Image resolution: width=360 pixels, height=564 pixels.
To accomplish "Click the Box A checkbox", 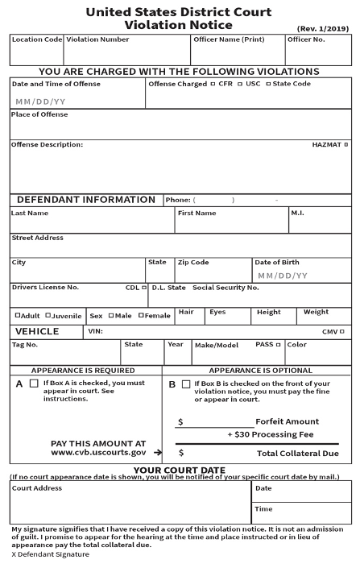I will pyautogui.click(x=34, y=384).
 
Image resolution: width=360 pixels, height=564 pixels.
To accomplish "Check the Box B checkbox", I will pyautogui.click(x=187, y=384).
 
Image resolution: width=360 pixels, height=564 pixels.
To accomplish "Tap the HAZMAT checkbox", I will pyautogui.click(x=349, y=145).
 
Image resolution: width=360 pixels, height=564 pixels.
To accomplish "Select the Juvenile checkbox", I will pyautogui.click(x=48, y=315).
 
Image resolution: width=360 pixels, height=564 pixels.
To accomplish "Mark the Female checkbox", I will pyautogui.click(x=141, y=315).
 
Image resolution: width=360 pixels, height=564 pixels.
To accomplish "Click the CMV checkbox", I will pyautogui.click(x=342, y=331).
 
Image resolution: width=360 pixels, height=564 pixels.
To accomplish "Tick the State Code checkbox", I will pyautogui.click(x=269, y=84).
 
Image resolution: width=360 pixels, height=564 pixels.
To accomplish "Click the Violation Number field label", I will pyautogui.click(x=97, y=39).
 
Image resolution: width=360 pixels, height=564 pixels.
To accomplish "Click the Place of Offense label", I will pyautogui.click(x=39, y=114).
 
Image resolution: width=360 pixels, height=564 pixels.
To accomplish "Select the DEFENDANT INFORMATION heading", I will pyautogui.click(x=86, y=200).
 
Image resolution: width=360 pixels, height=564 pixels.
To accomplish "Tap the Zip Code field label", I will pyautogui.click(x=193, y=262).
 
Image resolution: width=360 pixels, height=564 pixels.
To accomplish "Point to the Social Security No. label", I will pyautogui.click(x=226, y=287).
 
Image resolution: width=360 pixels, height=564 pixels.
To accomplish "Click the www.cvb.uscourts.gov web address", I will pyautogui.click(x=98, y=453).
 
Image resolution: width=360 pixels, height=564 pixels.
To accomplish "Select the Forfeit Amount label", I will pyautogui.click(x=287, y=421).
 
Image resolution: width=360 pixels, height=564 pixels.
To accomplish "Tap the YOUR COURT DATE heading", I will pyautogui.click(x=179, y=470).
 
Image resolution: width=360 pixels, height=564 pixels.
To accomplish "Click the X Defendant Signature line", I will pyautogui.click(x=50, y=554).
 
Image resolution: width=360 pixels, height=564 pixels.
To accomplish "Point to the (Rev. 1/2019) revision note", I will pyautogui.click(x=323, y=27).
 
